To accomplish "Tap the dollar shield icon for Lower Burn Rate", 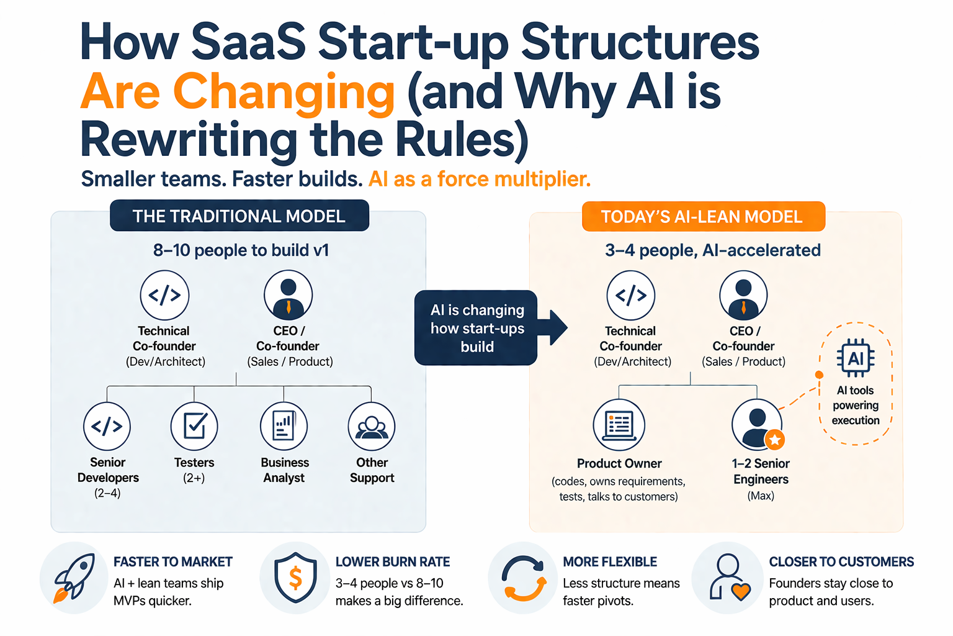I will point(295,578).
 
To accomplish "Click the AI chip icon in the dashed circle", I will point(856,358).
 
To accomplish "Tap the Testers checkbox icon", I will point(194,426).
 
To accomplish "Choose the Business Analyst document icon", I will point(284,426).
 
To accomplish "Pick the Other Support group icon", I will point(372,426).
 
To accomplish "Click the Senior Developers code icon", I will point(107,426).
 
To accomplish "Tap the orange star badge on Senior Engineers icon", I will point(774,440).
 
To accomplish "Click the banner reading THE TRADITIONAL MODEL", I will point(239,216).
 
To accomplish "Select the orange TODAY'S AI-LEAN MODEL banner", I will point(702,217).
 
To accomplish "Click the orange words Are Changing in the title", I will point(238,91).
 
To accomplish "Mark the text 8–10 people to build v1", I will point(241,250).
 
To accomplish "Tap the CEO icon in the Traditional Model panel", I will point(288,295).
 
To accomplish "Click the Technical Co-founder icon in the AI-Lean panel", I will point(630,295).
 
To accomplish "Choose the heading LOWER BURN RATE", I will point(393,561).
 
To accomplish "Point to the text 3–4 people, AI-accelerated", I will point(712,250).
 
